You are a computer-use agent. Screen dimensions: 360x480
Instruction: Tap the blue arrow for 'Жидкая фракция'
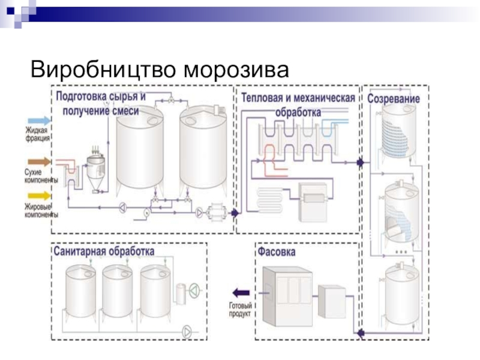point(38,121)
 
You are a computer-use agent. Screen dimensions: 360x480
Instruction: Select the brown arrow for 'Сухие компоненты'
point(38,161)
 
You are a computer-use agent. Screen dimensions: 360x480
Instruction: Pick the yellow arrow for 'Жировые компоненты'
point(38,196)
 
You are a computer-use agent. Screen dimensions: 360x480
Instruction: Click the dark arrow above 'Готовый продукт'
point(241,292)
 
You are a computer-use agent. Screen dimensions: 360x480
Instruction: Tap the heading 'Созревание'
point(394,98)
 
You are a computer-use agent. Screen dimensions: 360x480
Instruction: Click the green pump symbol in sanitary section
point(195,290)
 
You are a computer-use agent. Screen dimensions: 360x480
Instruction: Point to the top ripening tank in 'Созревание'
point(396,135)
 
